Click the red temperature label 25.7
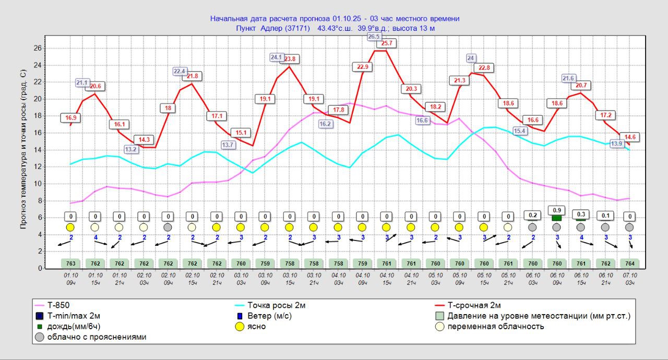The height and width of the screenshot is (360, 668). pos(387,43)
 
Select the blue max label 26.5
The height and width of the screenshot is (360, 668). pos(374,37)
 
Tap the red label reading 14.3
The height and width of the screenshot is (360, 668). pos(144,140)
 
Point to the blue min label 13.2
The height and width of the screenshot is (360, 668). pos(131,149)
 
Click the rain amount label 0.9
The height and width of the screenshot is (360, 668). pos(557,210)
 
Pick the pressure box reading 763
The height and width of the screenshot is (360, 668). pos(71,263)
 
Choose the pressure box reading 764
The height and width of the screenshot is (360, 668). pos(630,263)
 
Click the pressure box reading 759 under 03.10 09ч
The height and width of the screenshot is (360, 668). pos(266,263)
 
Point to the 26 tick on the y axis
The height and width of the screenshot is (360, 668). pos(39,48)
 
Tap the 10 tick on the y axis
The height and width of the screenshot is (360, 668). pos(39,184)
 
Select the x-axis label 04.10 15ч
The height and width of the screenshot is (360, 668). pos(387,279)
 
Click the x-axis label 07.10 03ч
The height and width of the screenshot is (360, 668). pos(630,279)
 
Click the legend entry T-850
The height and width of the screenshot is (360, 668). pos(57,306)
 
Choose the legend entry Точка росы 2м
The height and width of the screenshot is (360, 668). pos(277,306)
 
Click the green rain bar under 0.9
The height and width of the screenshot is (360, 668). pos(557,218)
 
